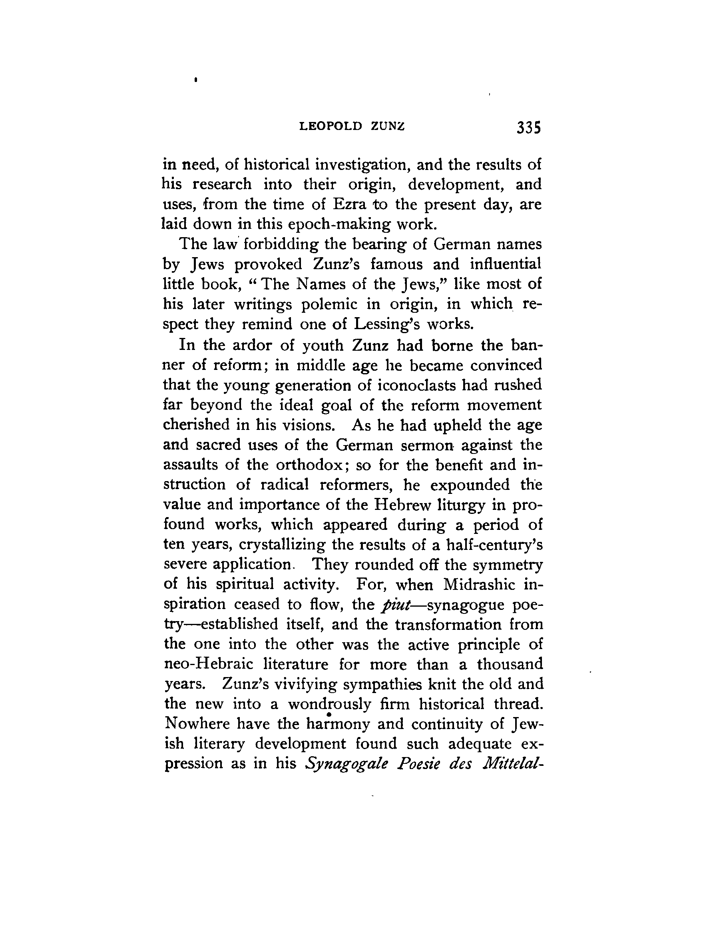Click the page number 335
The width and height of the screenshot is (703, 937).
tap(528, 127)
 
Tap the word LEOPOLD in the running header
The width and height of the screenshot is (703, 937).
tap(331, 126)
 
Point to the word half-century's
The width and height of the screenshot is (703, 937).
tap(494, 544)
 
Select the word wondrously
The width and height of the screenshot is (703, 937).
tap(330, 704)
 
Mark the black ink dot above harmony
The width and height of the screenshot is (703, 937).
tap(329, 715)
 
